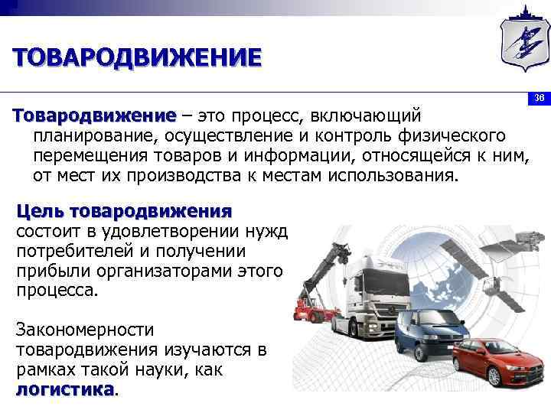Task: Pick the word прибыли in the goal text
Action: (48, 272)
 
